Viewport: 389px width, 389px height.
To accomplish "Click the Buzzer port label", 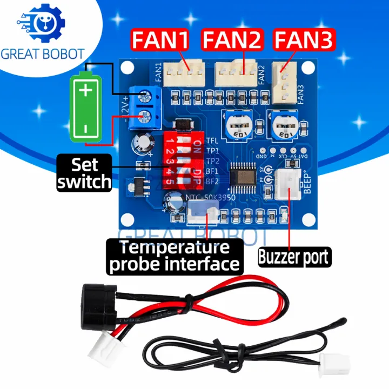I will (x=293, y=256).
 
